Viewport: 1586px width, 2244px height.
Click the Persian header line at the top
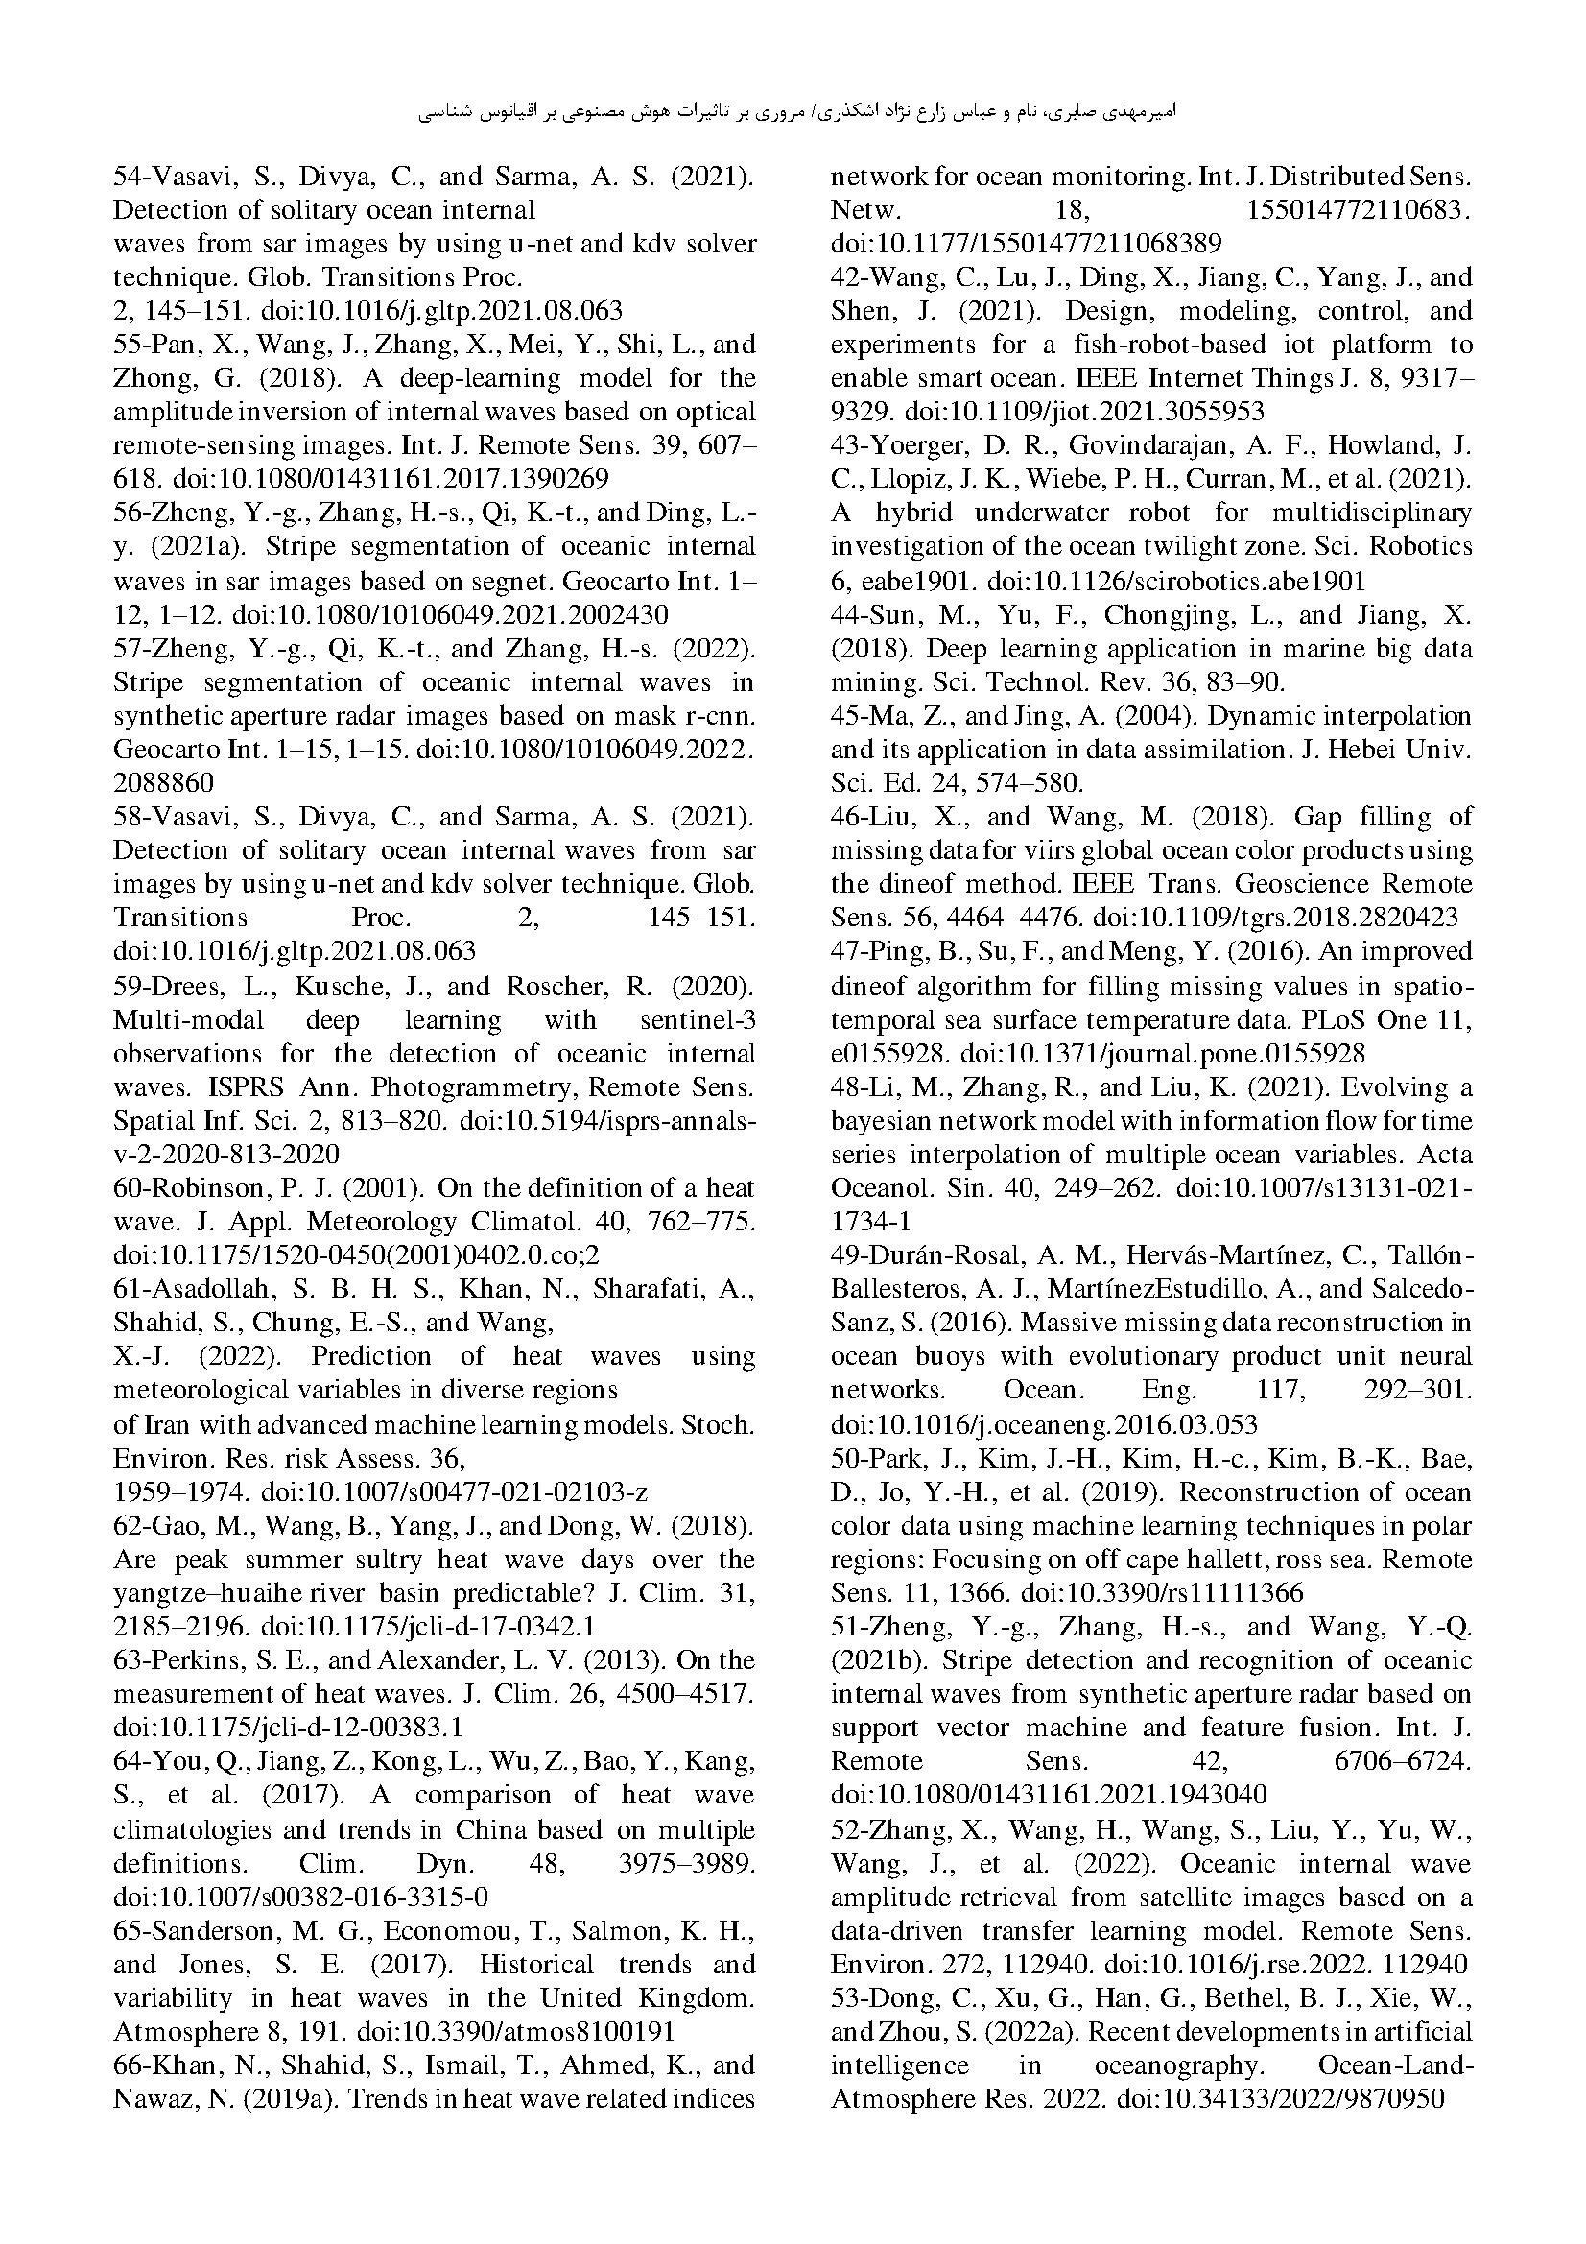pyautogui.click(x=796, y=112)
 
